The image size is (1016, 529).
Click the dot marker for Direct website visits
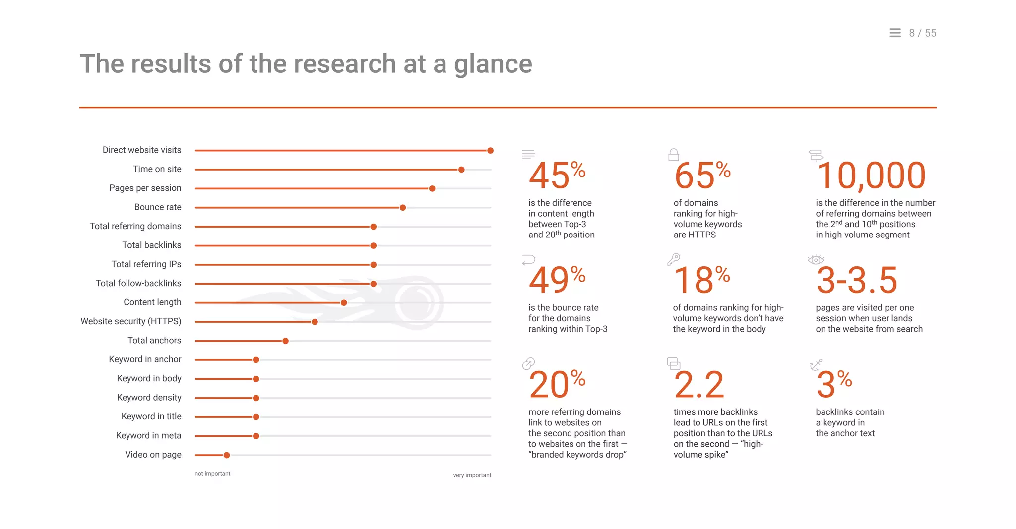(x=490, y=150)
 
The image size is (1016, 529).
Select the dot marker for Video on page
(x=227, y=455)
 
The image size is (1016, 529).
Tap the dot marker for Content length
(x=344, y=303)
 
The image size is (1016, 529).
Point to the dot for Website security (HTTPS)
(x=315, y=322)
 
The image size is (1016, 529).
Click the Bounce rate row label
(x=157, y=207)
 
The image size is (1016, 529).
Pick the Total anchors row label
(x=154, y=341)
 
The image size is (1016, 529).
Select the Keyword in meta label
(x=148, y=436)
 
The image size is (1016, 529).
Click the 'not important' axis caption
(x=212, y=474)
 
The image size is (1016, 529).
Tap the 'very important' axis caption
(x=472, y=475)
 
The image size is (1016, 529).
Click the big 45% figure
(x=557, y=176)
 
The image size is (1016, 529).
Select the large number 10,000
(x=871, y=176)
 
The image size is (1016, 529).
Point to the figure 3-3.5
(x=857, y=280)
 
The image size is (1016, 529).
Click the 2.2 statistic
(x=698, y=385)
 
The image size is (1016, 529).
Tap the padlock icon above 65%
(x=673, y=155)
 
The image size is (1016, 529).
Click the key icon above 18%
(x=673, y=259)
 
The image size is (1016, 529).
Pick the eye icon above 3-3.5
(x=816, y=259)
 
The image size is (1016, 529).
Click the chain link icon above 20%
(x=528, y=364)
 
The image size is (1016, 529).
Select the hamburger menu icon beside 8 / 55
(x=895, y=33)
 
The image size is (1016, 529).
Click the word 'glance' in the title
(x=493, y=64)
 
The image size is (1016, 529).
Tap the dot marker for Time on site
(x=461, y=170)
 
